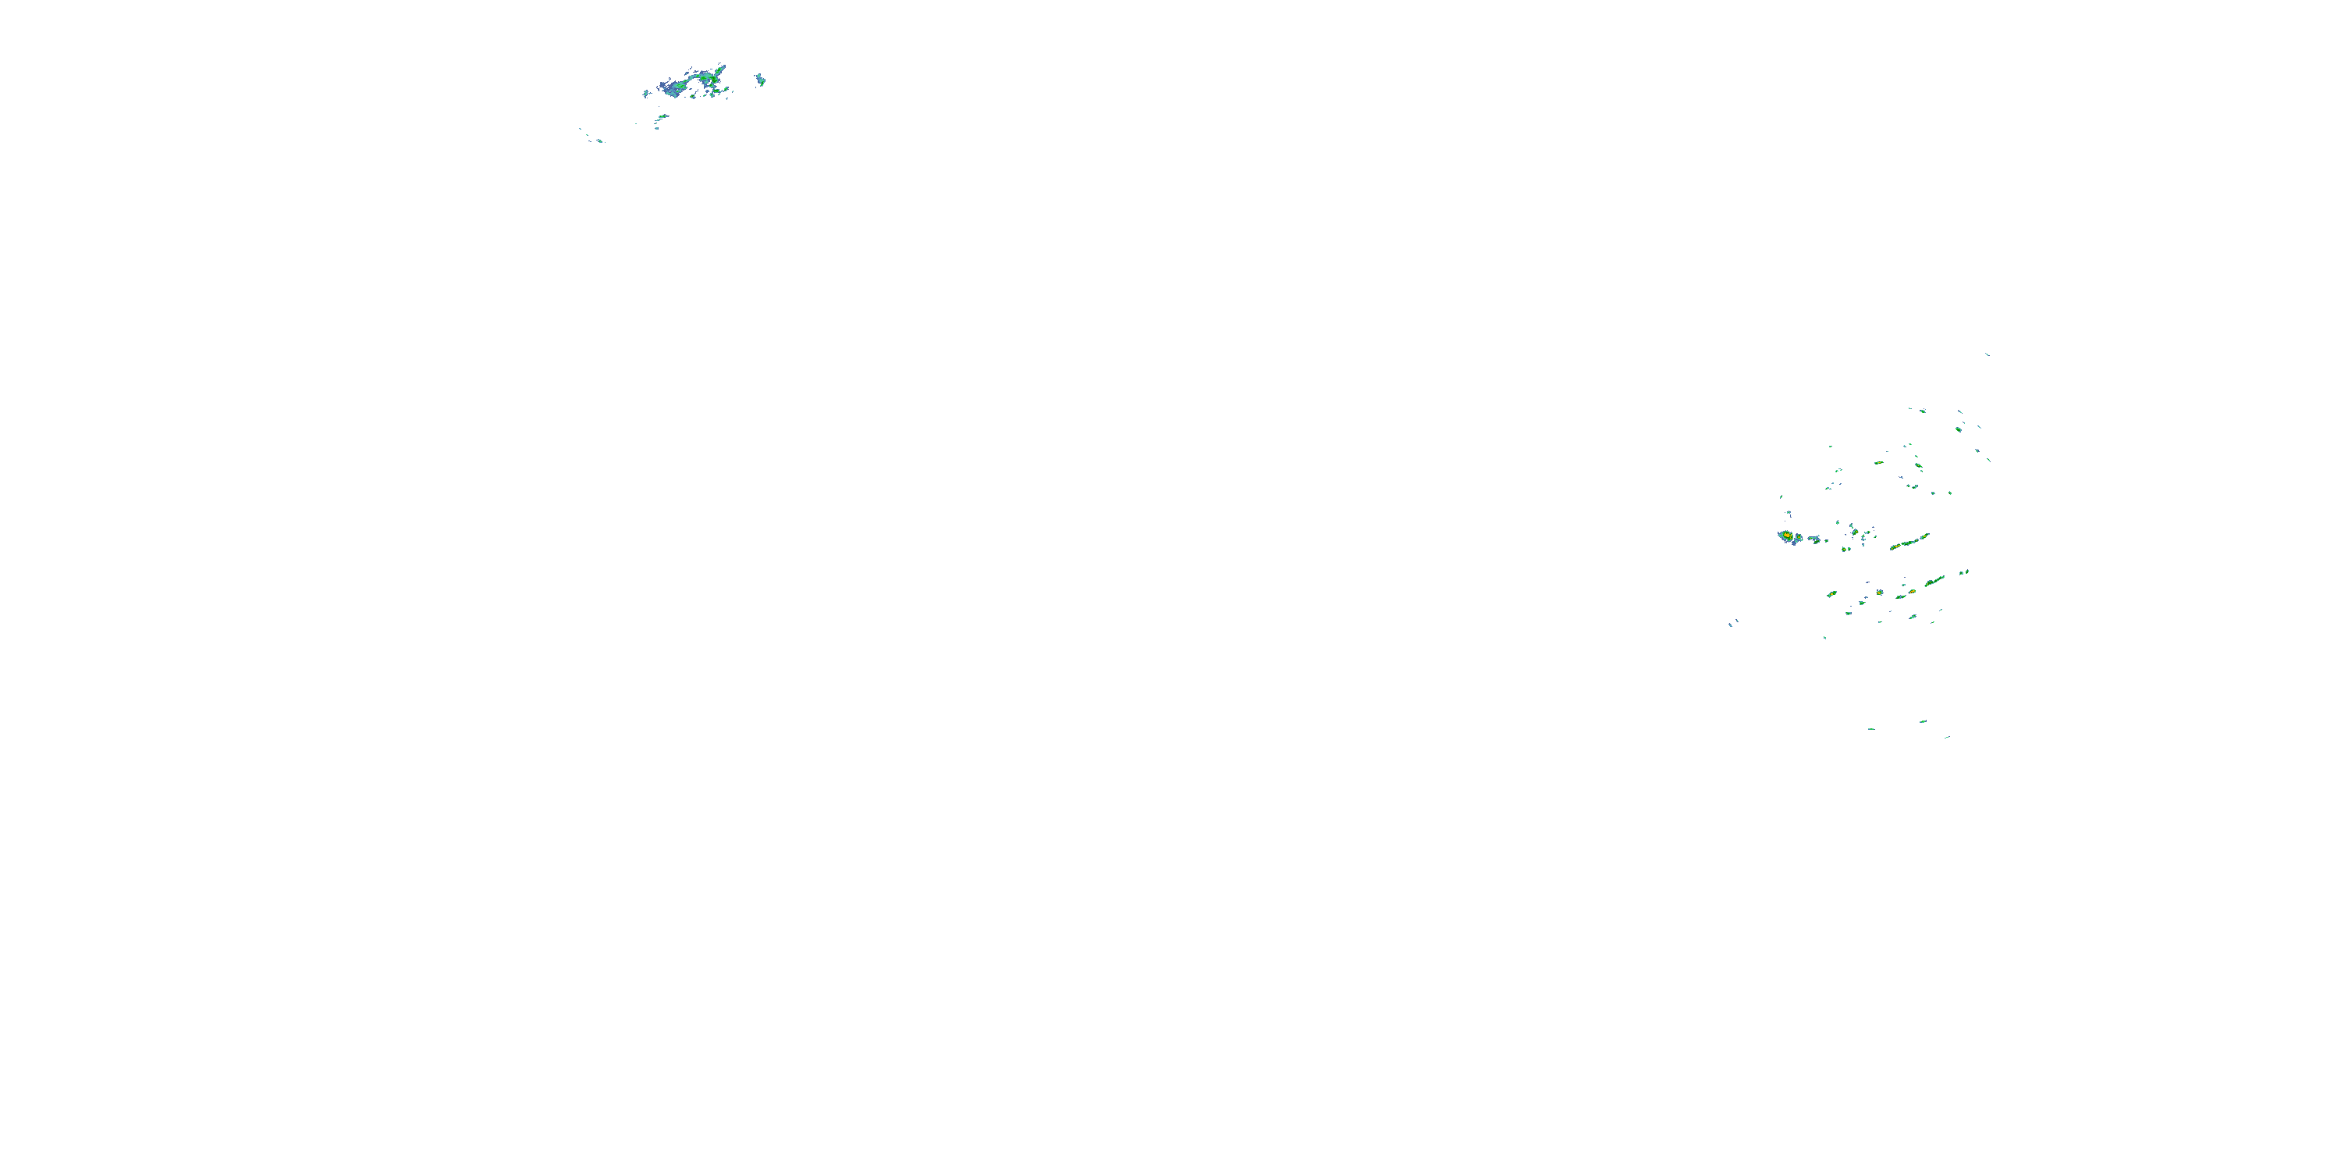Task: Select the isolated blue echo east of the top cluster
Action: click(761, 79)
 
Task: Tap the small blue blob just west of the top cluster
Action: click(646, 93)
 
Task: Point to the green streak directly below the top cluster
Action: click(663, 117)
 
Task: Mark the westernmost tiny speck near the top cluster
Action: click(581, 129)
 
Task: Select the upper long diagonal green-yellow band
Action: click(1909, 542)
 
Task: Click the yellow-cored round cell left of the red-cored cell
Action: click(1878, 593)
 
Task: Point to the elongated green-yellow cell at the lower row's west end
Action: click(1832, 593)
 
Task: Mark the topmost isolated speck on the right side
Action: click(1988, 354)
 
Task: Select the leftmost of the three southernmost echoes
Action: click(1870, 729)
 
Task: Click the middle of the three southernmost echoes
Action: click(1922, 722)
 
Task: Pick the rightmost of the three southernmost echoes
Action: click(1947, 736)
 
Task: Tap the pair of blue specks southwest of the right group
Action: click(1733, 624)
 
